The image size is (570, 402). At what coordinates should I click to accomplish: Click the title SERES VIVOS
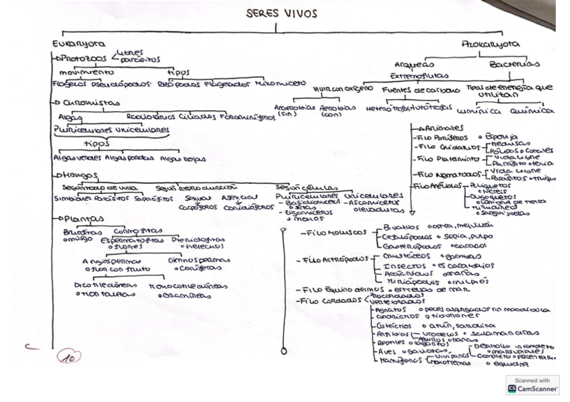[282, 14]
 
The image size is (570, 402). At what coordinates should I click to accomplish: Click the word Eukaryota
[79, 44]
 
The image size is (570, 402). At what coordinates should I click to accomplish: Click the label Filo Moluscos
[331, 232]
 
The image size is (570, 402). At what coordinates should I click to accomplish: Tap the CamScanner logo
[534, 385]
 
